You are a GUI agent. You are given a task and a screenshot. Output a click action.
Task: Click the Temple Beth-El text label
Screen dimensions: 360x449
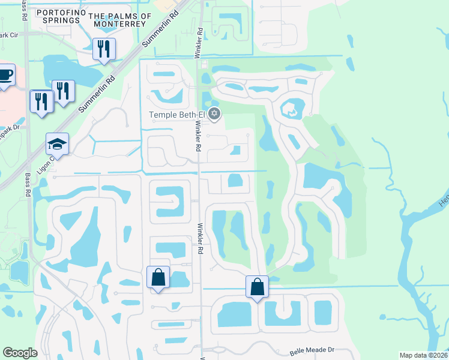click(176, 115)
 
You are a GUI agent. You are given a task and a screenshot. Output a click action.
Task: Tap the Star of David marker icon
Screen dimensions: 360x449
click(215, 114)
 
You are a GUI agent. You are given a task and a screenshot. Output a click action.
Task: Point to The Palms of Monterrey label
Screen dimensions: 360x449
click(120, 20)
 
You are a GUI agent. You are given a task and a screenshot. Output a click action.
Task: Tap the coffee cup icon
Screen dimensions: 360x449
click(5, 76)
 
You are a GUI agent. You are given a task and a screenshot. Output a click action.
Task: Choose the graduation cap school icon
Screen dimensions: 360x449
click(58, 144)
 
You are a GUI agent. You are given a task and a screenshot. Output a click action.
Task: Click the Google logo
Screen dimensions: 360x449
click(20, 353)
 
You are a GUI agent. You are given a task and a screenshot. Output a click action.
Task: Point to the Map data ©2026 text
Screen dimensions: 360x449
click(423, 355)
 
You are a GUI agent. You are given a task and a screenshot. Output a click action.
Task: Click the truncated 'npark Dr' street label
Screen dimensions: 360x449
click(10, 127)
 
